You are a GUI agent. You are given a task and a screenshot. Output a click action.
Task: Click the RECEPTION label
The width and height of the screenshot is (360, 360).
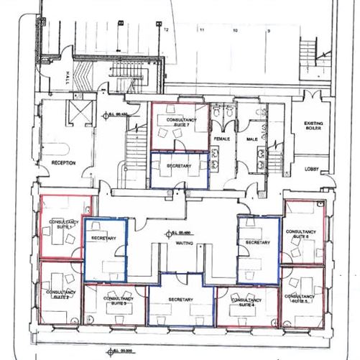[x=63, y=163]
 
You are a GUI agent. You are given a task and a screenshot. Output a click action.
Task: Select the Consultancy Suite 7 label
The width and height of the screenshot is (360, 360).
[x=178, y=121]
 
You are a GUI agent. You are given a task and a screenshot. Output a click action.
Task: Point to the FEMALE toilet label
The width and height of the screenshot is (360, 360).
[x=221, y=139]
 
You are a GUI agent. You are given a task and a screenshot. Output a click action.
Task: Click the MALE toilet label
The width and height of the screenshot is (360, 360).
[x=252, y=139]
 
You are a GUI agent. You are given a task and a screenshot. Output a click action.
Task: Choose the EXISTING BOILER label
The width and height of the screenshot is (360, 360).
[x=313, y=126]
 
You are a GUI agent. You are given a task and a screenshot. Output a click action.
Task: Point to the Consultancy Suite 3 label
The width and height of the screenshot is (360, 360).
[x=117, y=300]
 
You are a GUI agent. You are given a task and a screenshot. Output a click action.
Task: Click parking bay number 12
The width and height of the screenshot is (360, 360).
[x=166, y=30]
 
